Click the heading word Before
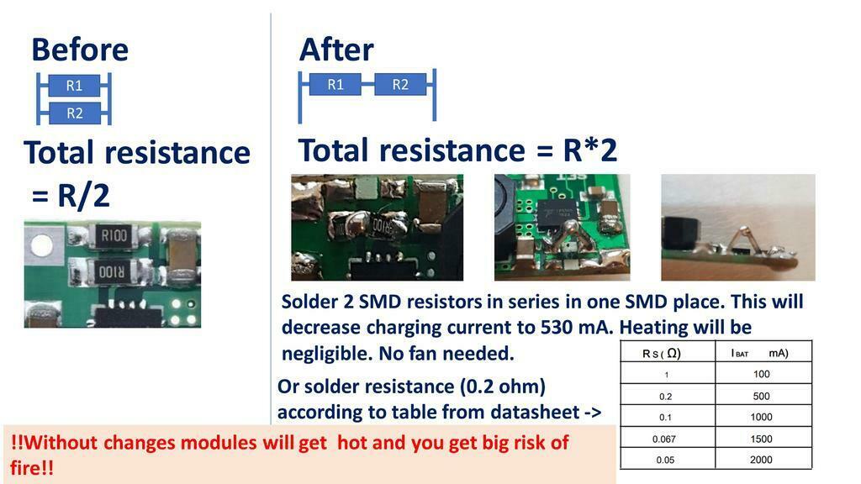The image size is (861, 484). coord(80,50)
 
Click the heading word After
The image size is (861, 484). coord(336,50)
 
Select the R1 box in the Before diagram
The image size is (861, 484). coord(75,85)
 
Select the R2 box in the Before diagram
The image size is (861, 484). coord(75,113)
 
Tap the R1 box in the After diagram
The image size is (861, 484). coord(335,84)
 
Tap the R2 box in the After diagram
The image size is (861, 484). coord(400,84)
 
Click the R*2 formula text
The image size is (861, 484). coord(590,150)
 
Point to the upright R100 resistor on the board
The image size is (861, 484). coord(114,236)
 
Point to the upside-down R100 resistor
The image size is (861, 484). coord(112,271)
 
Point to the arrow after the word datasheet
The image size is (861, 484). coord(592,412)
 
